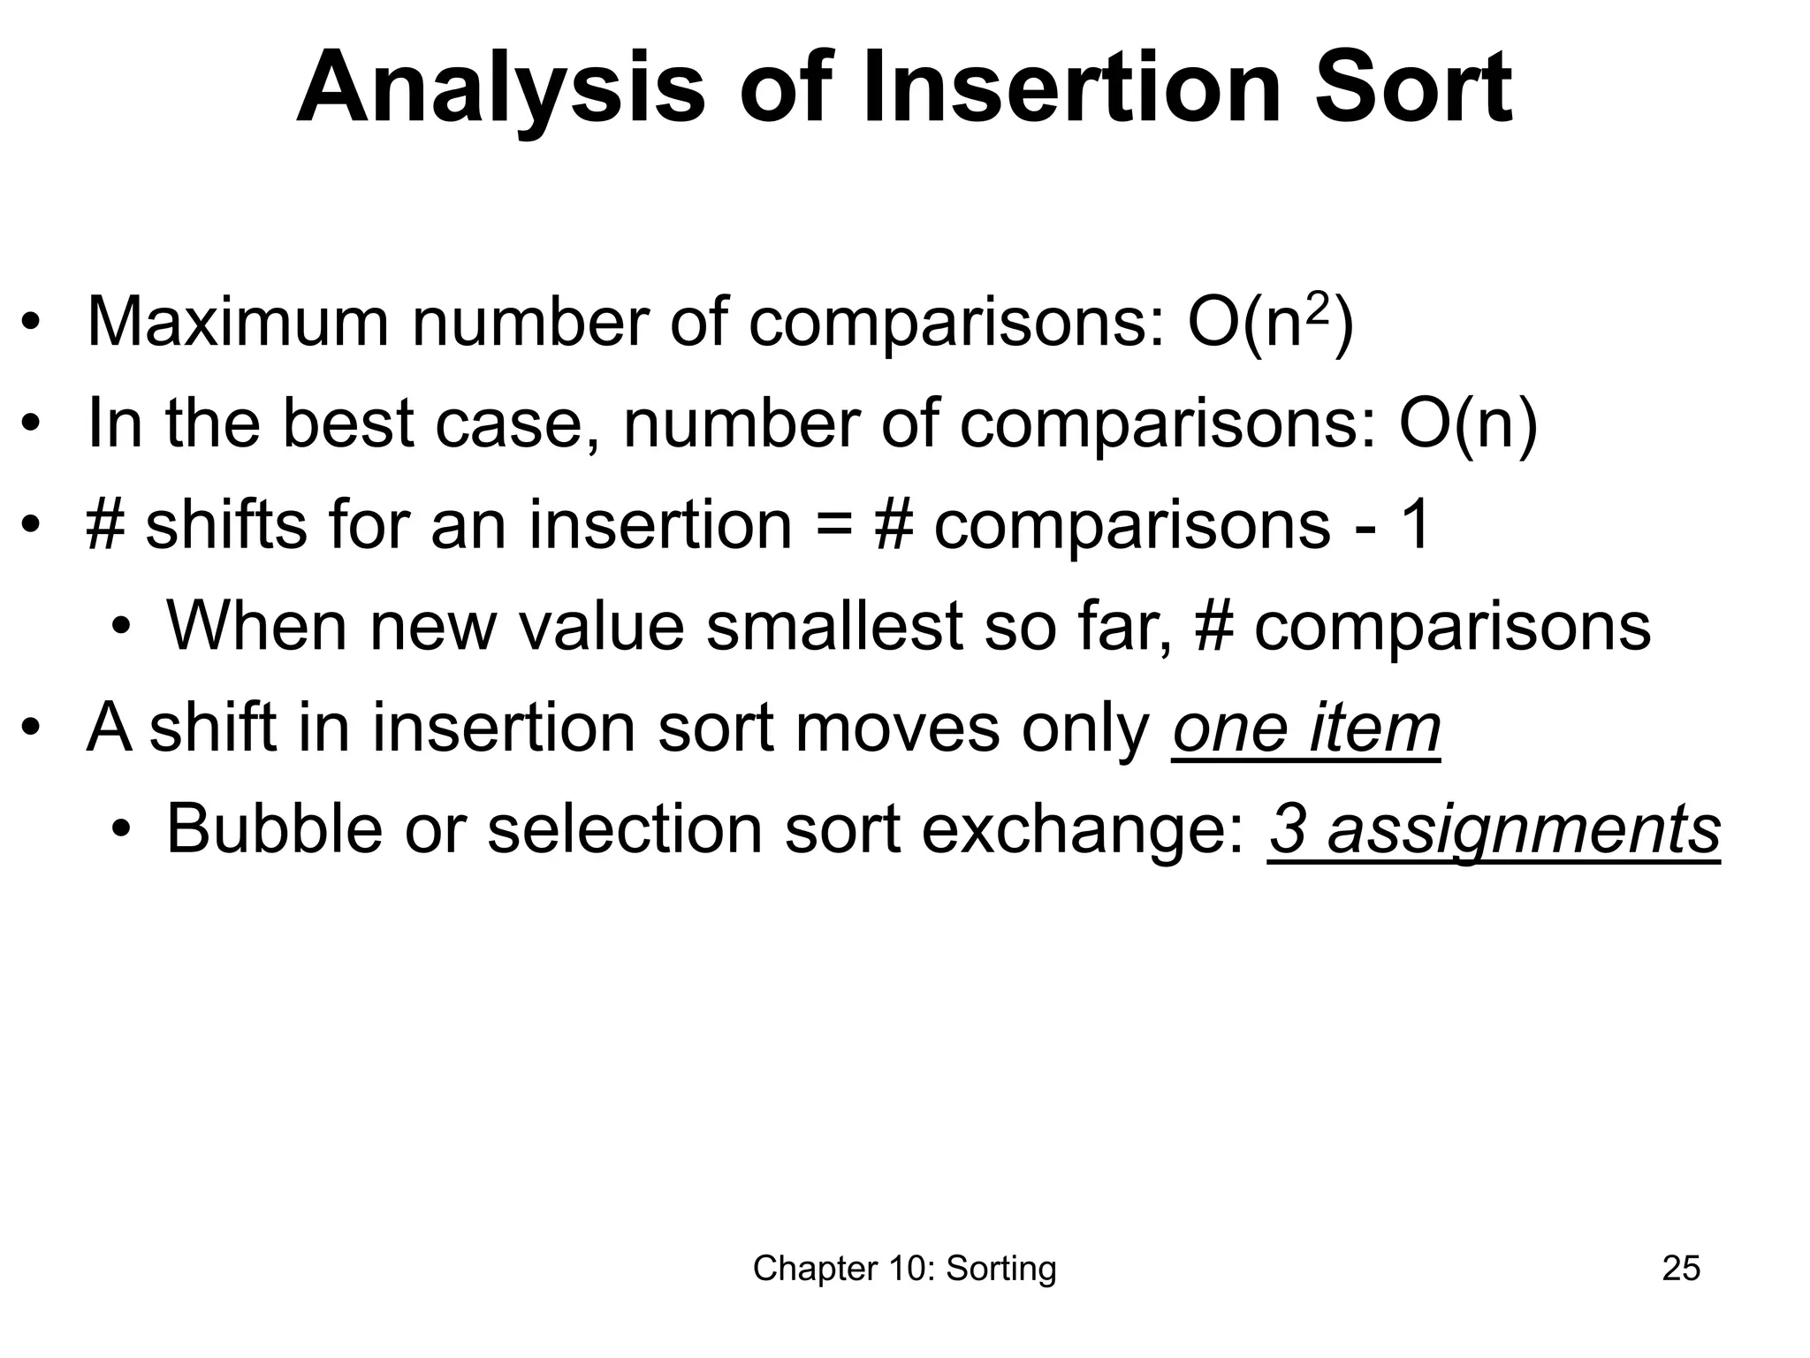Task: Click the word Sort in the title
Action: pyautogui.click(x=1413, y=89)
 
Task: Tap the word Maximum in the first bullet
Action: pyautogui.click(x=238, y=323)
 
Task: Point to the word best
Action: pyautogui.click(x=348, y=423)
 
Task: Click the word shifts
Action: pyautogui.click(x=225, y=525)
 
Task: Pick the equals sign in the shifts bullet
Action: pyautogui.click(x=834, y=525)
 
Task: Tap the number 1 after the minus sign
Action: pyautogui.click(x=1414, y=525)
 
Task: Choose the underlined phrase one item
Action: pyautogui.click(x=1306, y=729)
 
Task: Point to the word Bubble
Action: pyautogui.click(x=274, y=829)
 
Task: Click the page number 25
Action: pyautogui.click(x=1681, y=1268)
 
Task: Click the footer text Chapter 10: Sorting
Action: pyautogui.click(x=904, y=1268)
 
